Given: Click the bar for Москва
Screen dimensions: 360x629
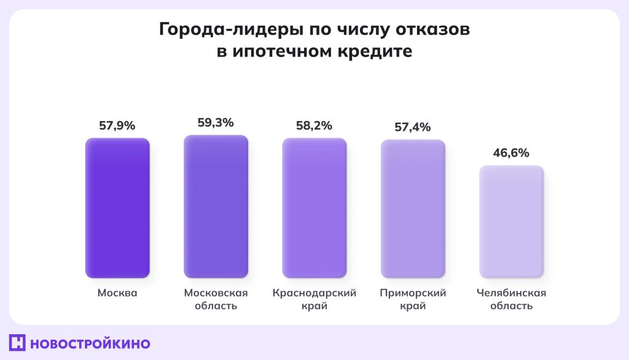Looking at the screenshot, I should click(117, 208).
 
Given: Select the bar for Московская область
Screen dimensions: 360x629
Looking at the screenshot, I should click(216, 206).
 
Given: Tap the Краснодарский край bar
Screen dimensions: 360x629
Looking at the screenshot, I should click(314, 208).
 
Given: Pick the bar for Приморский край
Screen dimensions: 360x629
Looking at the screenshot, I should click(413, 209).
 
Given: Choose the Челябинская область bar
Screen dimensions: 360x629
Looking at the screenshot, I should click(511, 222).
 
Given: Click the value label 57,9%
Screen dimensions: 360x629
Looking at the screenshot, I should click(117, 125).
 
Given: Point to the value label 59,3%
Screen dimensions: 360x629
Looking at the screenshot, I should click(216, 122).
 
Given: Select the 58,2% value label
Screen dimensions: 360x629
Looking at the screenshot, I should click(314, 125).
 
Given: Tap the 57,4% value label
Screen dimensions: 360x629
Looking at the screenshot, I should click(413, 127).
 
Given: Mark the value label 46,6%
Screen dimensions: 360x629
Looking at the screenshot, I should click(511, 153).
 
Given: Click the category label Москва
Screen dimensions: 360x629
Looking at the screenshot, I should click(117, 293).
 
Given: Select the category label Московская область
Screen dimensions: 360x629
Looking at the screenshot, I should click(216, 299).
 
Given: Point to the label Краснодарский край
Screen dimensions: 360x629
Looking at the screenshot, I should click(314, 299).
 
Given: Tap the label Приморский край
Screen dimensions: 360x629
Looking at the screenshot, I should click(413, 299).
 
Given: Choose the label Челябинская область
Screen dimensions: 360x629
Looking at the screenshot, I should click(511, 299).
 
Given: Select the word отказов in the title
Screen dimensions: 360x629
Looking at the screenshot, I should click(432, 29).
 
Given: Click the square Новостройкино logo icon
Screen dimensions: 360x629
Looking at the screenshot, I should click(17, 343).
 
